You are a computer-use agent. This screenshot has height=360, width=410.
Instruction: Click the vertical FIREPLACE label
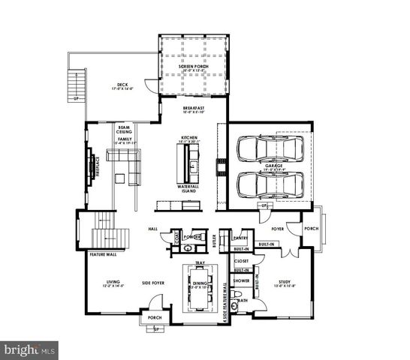tap(98, 166)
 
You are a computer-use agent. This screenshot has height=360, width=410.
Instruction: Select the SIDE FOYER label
tap(154, 283)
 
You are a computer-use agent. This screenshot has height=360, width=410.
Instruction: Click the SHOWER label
tap(241, 282)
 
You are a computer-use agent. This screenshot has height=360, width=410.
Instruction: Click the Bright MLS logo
tap(30, 349)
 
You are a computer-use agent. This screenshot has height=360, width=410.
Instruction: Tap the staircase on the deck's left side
tap(75, 82)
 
